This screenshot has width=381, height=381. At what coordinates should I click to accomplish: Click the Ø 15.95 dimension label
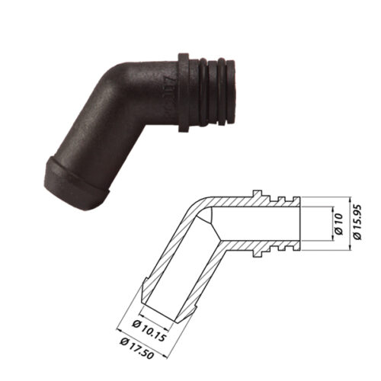coord(357,222)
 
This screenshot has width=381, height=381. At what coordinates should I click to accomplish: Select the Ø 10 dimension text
coord(339,224)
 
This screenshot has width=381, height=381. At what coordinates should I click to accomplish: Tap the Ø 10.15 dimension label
coord(150,330)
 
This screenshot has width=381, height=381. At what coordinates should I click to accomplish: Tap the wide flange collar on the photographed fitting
coord(184,93)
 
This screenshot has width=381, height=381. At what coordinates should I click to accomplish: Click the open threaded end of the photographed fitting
coord(230,93)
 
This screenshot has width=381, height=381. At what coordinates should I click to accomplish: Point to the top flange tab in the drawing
coord(257,193)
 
